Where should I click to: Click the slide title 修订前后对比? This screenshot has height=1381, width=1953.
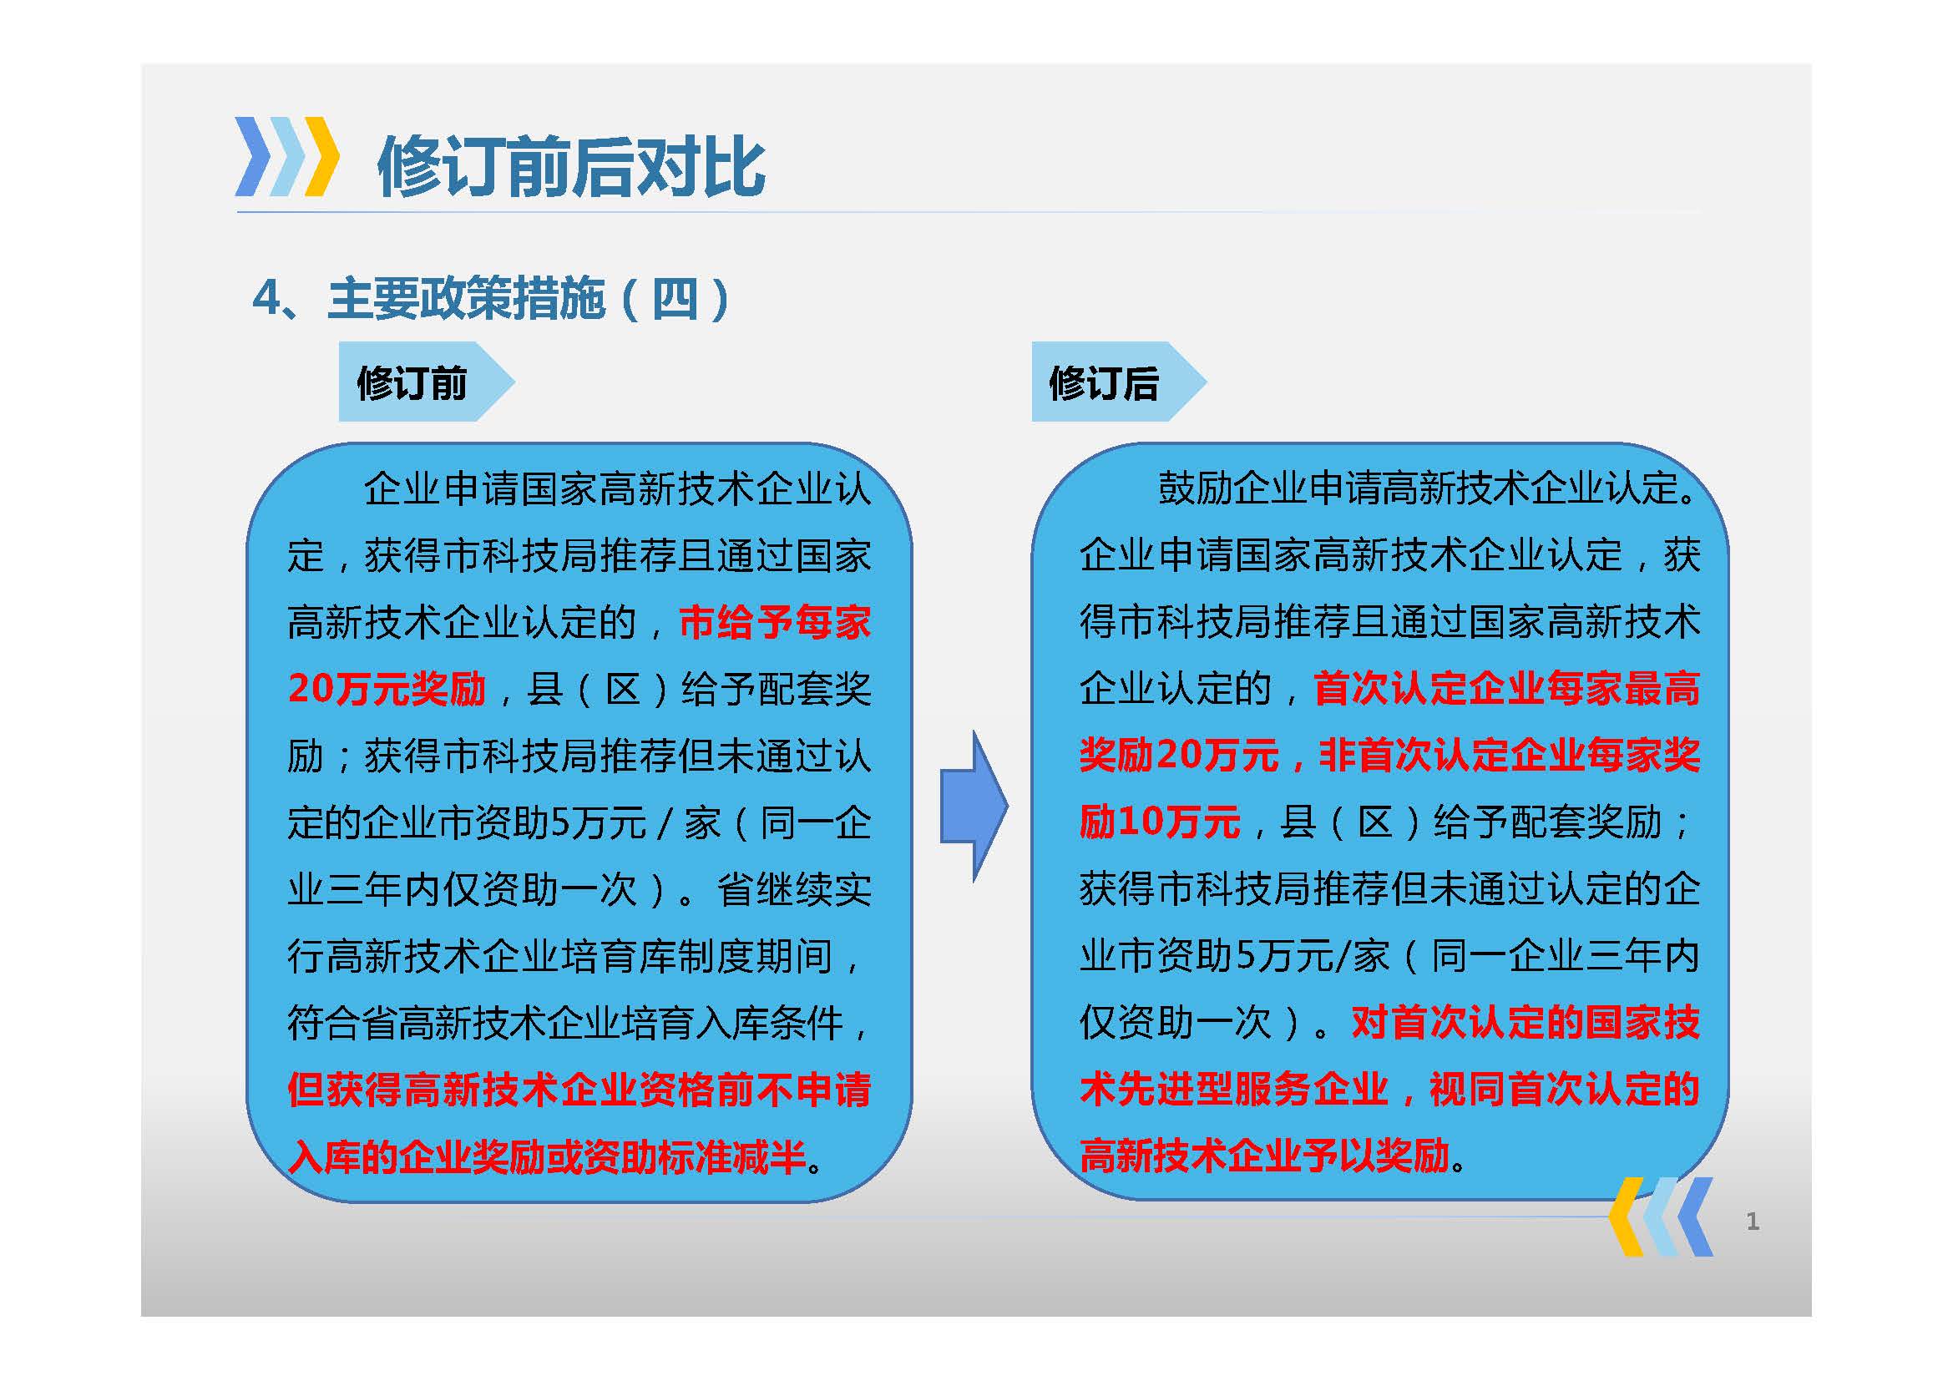(x=571, y=167)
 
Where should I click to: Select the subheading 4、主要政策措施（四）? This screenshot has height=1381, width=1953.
(x=491, y=300)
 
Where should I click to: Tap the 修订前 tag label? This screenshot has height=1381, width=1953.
(x=412, y=382)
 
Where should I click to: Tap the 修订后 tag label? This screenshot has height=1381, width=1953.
(x=1104, y=382)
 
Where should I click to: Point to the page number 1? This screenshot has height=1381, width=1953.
(x=1753, y=1222)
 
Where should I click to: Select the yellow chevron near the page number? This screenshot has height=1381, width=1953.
(x=1626, y=1217)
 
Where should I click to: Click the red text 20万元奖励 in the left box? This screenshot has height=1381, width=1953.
(x=387, y=689)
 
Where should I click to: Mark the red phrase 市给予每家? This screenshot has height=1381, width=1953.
(x=775, y=623)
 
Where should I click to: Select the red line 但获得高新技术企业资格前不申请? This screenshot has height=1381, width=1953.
(x=579, y=1090)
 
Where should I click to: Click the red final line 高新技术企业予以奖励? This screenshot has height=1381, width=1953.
(x=1264, y=1156)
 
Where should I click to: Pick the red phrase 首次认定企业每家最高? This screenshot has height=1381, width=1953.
(x=1506, y=689)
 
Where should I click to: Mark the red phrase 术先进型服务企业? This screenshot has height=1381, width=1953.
(x=1234, y=1090)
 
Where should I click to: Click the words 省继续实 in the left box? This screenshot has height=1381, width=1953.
(x=793, y=889)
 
